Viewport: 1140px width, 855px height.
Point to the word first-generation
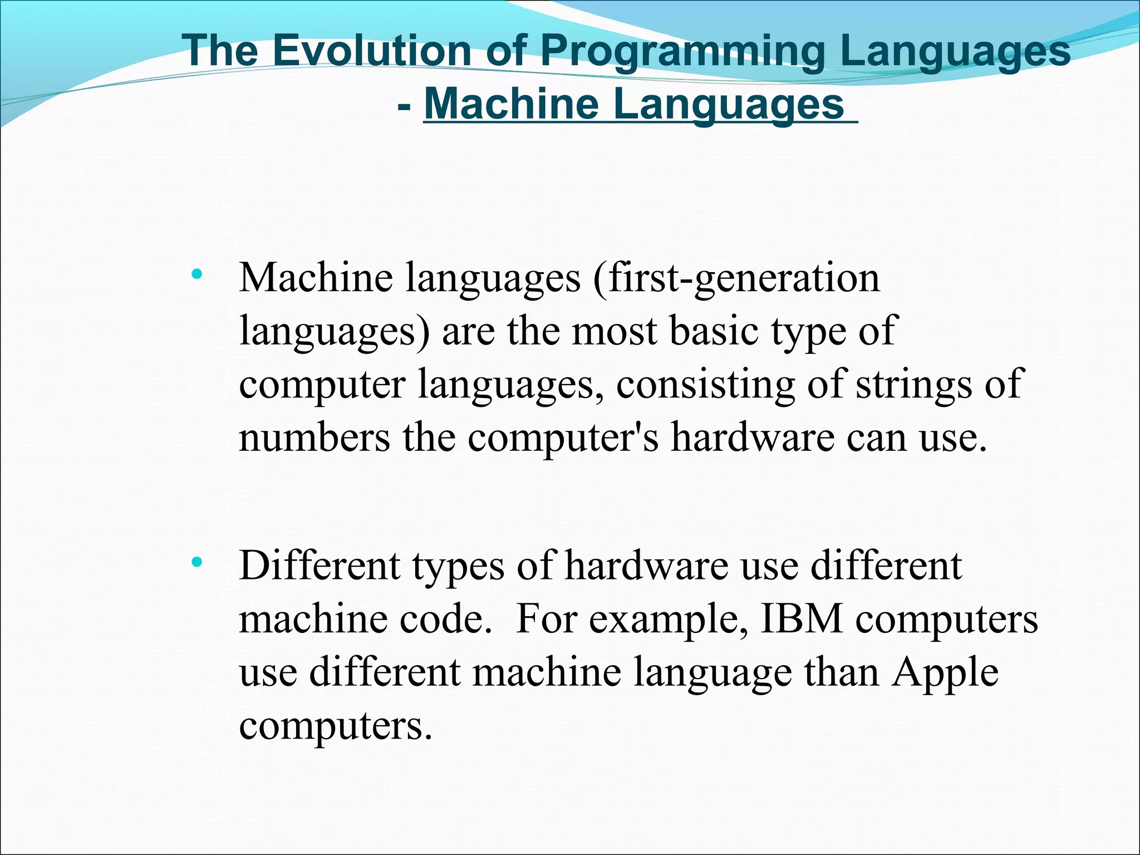[x=744, y=278]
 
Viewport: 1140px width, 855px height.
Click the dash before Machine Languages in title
[x=405, y=105]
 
